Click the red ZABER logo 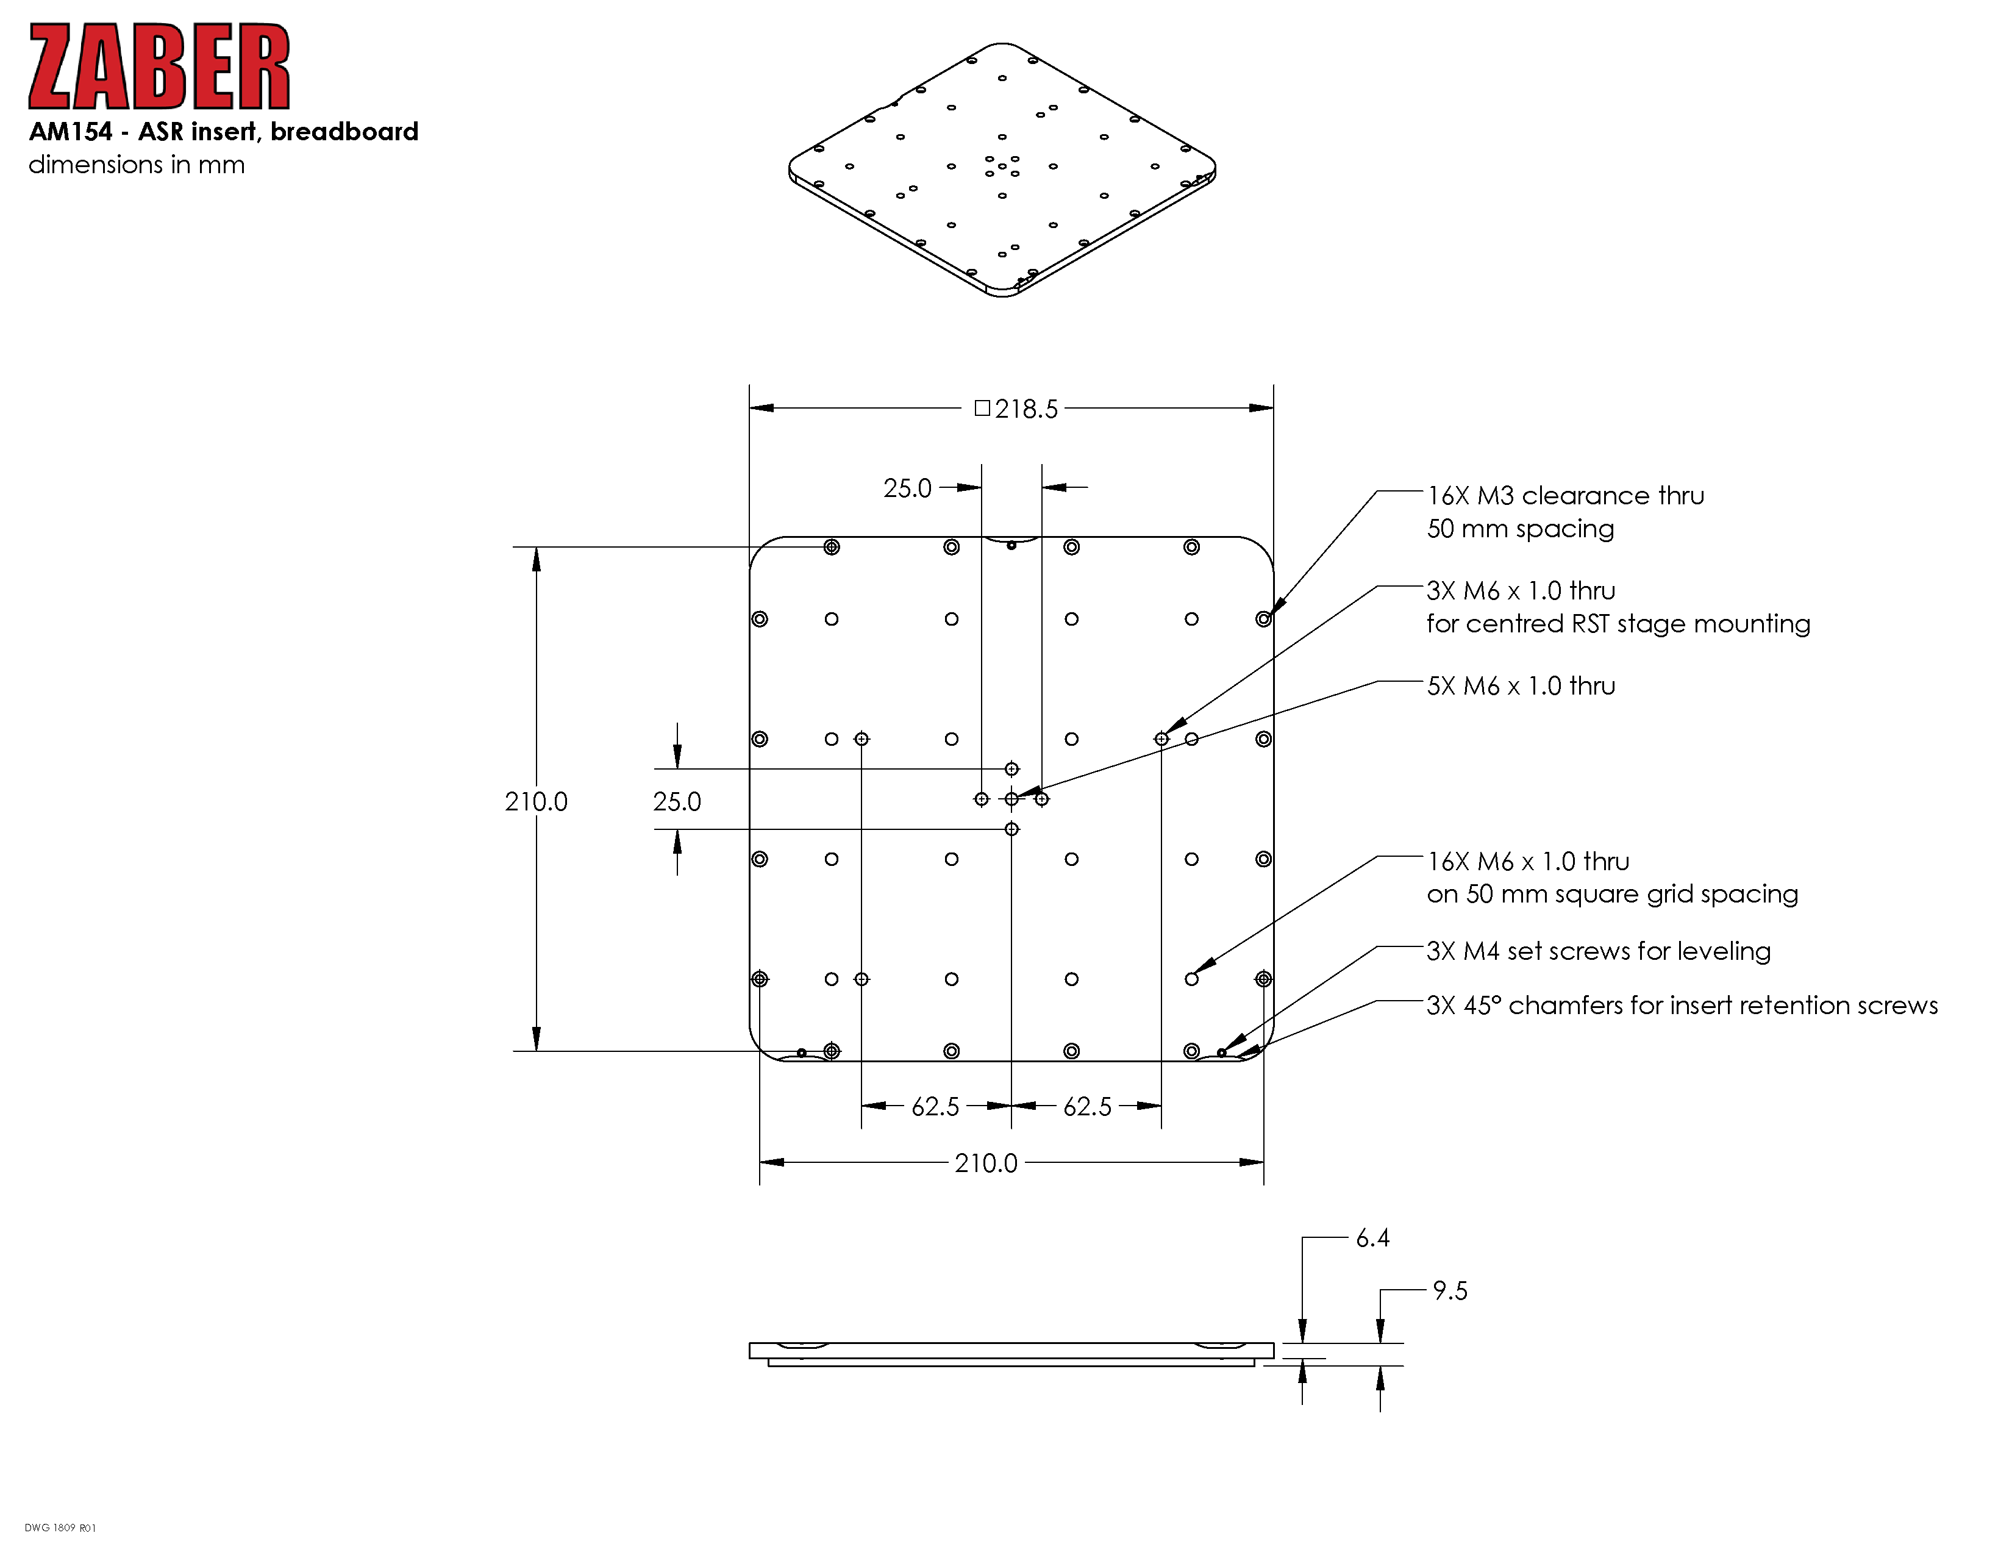click(x=159, y=66)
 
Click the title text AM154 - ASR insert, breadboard click(x=224, y=132)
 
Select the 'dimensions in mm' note click(x=137, y=165)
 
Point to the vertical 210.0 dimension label click(x=536, y=801)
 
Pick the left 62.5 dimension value click(x=935, y=1106)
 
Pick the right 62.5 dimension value click(x=1087, y=1106)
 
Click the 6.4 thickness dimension click(x=1372, y=1238)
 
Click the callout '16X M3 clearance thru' click(x=1565, y=496)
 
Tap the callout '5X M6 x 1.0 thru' click(x=1521, y=686)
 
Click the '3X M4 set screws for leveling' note click(x=1599, y=951)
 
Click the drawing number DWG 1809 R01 click(x=60, y=1528)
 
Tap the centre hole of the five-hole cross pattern click(x=1011, y=799)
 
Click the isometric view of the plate click(x=1002, y=170)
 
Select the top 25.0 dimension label click(x=907, y=488)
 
